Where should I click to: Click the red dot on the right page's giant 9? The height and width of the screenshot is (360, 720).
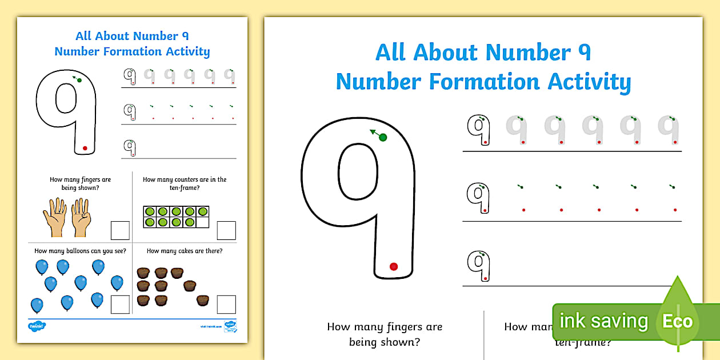[x=393, y=266]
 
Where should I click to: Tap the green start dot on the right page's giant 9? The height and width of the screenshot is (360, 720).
[x=383, y=137]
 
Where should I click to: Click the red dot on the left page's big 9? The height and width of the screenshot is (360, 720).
[x=85, y=148]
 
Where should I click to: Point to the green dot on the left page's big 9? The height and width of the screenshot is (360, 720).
[x=79, y=80]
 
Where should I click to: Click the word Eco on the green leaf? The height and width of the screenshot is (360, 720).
[x=677, y=321]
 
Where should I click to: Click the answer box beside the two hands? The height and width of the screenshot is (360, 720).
[x=120, y=230]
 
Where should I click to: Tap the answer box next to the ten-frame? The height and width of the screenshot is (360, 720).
[x=226, y=230]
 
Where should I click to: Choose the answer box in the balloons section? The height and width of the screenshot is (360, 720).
[x=120, y=304]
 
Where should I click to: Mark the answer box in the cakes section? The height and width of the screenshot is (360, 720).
[x=226, y=304]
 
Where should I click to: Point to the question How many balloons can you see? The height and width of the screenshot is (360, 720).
[x=80, y=251]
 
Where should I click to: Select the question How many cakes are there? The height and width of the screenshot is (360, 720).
[x=185, y=251]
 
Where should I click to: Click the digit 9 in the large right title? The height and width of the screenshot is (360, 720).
[x=581, y=53]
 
